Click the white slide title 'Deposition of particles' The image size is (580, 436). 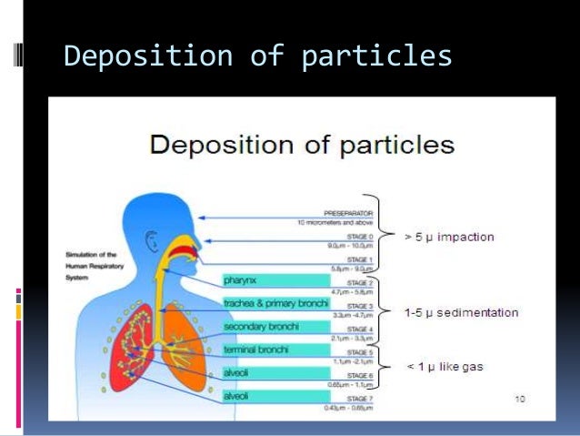tap(257, 56)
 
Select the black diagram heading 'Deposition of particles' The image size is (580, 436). tap(302, 145)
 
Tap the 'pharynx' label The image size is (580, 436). tap(241, 280)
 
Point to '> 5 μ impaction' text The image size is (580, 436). tap(449, 238)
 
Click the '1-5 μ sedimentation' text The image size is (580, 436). tap(461, 313)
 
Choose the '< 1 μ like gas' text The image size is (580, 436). tap(445, 367)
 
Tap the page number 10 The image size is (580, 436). tap(520, 398)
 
